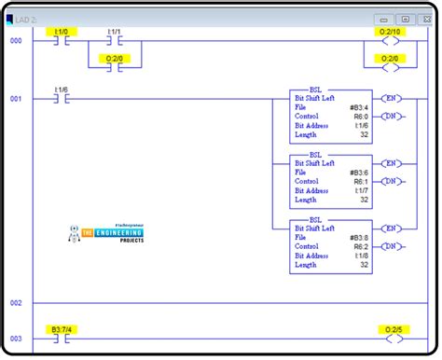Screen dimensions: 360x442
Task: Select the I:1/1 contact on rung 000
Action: click(x=115, y=42)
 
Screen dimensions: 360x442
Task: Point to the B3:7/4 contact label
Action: click(x=62, y=329)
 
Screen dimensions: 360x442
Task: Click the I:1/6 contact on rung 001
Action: click(x=62, y=97)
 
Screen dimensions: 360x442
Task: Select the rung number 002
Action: click(x=16, y=303)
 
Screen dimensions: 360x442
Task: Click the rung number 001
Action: click(x=16, y=98)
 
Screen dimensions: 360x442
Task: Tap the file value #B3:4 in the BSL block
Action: click(x=359, y=107)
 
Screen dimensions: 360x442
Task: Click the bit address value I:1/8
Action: click(x=361, y=256)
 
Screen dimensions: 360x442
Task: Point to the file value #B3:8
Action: click(x=359, y=236)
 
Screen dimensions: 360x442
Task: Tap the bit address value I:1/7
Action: click(x=361, y=190)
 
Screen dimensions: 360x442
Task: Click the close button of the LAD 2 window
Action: click(x=426, y=19)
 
